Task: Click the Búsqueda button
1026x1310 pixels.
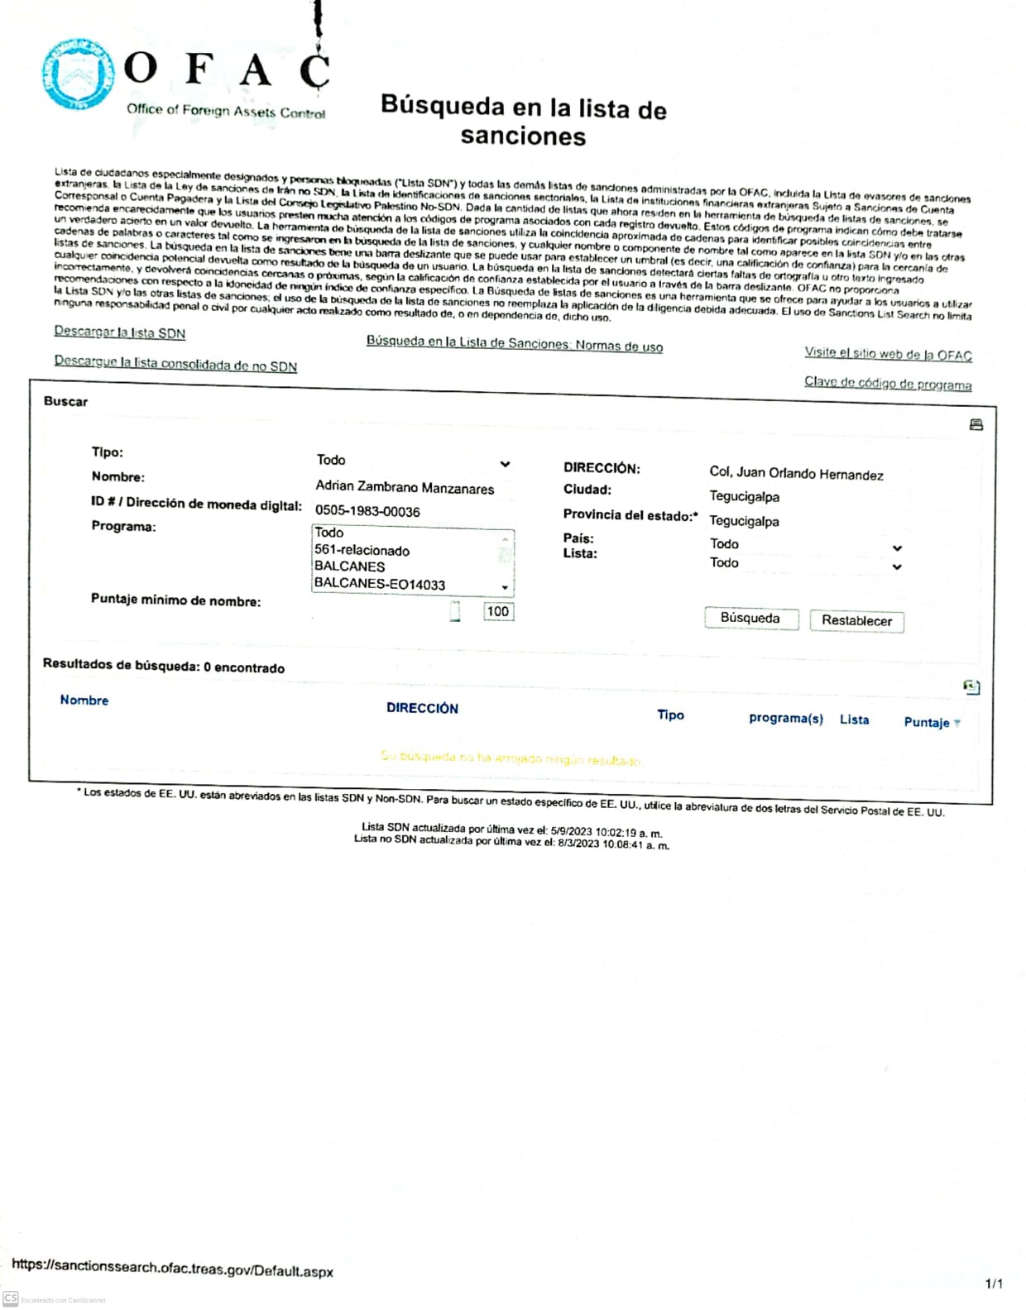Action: point(750,618)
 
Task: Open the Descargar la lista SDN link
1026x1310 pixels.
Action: point(120,332)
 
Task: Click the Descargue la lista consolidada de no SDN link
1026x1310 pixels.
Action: point(175,363)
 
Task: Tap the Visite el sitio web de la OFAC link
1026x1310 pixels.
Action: point(888,354)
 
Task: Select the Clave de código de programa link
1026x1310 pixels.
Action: point(887,383)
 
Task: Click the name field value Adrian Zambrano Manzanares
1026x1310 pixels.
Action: point(405,487)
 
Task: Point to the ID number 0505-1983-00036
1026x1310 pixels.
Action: point(367,511)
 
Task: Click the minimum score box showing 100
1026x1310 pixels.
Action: point(498,611)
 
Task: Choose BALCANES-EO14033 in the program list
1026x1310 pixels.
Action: point(380,584)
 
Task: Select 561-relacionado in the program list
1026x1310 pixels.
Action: point(362,550)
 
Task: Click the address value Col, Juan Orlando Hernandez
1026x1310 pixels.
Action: point(796,474)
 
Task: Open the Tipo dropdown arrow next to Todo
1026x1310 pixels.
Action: point(505,464)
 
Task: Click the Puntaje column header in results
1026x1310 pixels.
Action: point(927,722)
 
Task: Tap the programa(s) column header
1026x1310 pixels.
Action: point(785,718)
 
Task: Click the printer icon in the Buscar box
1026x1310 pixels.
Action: point(976,424)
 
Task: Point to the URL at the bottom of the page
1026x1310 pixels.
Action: point(172,1268)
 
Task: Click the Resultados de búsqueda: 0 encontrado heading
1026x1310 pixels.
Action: point(164,666)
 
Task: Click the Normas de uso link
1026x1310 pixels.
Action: point(514,343)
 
